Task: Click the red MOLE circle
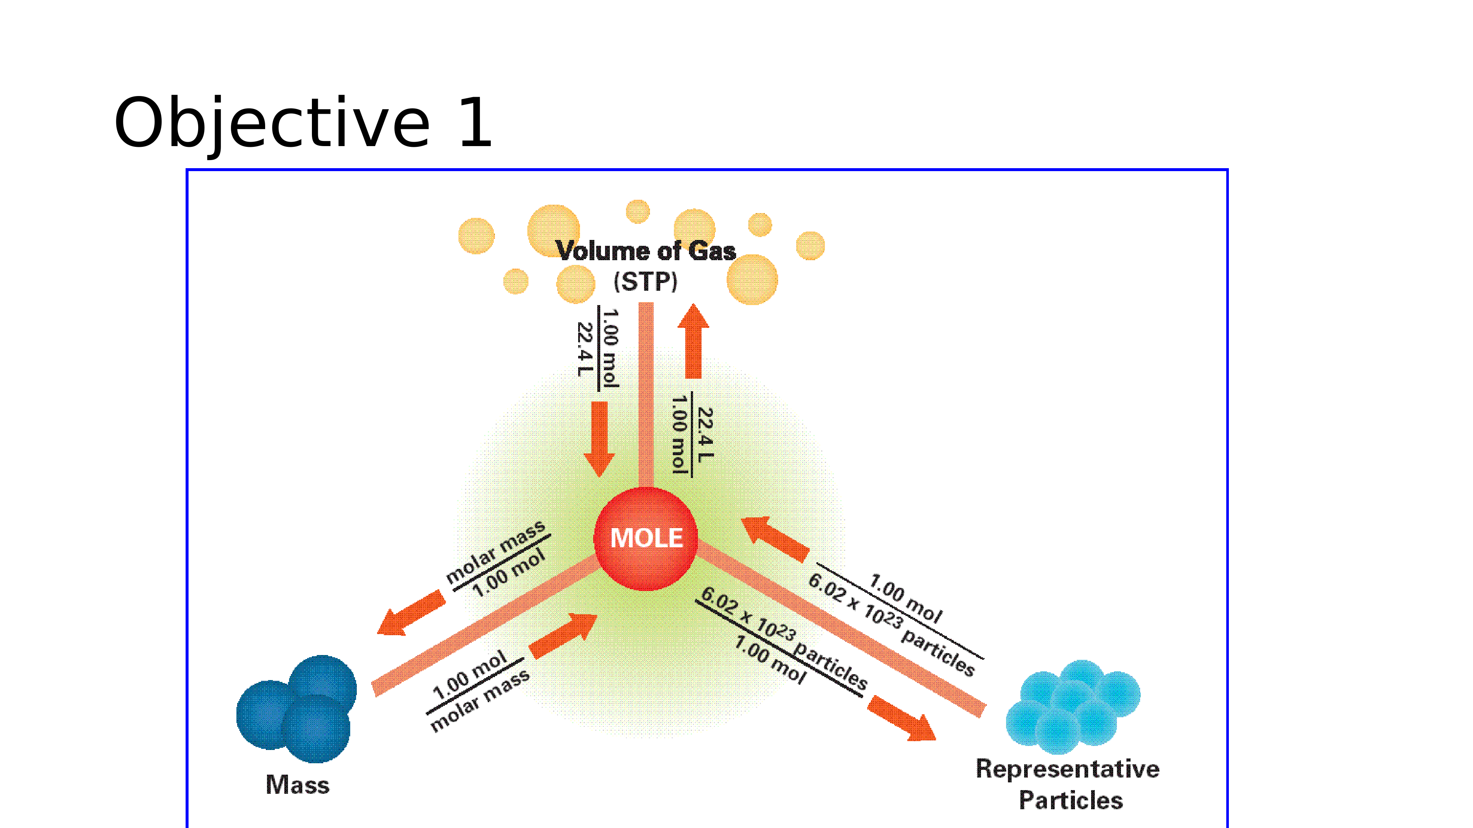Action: click(x=646, y=538)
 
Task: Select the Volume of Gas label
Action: click(x=646, y=251)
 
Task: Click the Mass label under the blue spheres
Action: click(x=297, y=785)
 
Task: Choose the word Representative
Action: click(x=1067, y=769)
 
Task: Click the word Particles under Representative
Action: click(x=1071, y=800)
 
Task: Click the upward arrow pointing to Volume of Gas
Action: click(x=693, y=342)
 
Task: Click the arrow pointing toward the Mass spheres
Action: click(x=411, y=613)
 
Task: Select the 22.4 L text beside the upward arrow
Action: click(x=705, y=434)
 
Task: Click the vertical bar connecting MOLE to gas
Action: click(x=646, y=394)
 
